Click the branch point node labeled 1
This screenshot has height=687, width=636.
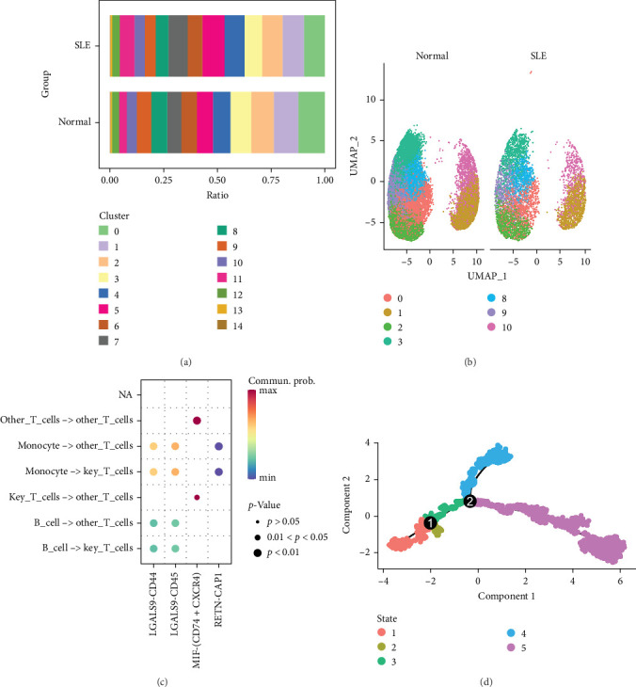coord(430,522)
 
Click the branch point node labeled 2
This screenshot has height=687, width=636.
coord(470,502)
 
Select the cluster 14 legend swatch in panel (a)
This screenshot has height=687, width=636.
coord(222,325)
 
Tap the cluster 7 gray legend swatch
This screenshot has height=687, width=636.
coord(103,341)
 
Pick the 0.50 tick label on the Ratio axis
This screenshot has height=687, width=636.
coord(217,180)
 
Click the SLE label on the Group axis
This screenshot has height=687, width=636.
coord(83,45)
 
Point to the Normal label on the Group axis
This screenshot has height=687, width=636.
coord(74,121)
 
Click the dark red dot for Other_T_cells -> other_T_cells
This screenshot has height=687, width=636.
coord(197,421)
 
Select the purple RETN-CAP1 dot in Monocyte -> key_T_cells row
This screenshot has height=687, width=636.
coord(218,471)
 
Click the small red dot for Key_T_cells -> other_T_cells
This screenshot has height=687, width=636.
coord(197,497)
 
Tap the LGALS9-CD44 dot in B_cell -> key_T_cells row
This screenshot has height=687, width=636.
coord(153,549)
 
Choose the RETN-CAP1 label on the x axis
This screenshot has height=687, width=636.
coord(218,599)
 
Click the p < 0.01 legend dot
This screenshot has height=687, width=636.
coord(258,553)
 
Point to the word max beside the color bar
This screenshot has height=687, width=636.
coord(268,390)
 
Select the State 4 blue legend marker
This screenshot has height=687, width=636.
coord(511,632)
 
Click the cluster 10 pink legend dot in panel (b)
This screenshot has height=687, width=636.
coord(491,327)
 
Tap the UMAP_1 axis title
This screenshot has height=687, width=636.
coord(487,276)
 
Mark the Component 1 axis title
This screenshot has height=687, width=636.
coord(506,596)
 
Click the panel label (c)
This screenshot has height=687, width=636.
coord(162,681)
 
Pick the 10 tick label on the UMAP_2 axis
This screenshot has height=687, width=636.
coord(371,100)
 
